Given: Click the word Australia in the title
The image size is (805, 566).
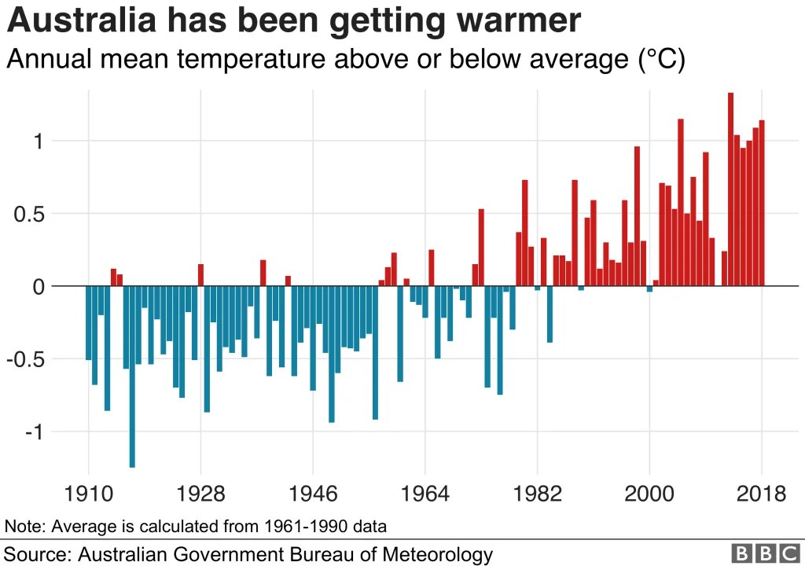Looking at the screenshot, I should (x=79, y=21).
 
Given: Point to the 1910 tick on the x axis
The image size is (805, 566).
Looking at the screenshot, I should (x=88, y=494).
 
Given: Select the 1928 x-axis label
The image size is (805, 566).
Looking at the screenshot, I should (x=200, y=494).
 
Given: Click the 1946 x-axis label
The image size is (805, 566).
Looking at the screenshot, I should (x=313, y=494).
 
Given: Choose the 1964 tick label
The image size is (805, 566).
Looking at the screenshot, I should (x=425, y=494).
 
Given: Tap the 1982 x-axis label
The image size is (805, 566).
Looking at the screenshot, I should (x=538, y=494).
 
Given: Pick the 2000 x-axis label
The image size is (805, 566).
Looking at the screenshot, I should (x=649, y=494).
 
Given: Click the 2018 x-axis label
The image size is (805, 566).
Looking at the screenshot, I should (x=761, y=494).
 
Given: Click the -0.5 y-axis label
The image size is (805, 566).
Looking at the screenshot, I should (x=29, y=359).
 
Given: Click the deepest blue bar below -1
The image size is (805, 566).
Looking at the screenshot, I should (x=132, y=377).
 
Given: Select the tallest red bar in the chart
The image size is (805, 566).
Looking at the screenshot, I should (x=730, y=189).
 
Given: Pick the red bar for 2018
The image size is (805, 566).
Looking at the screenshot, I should (x=762, y=203).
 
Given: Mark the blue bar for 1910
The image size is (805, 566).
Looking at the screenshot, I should (x=89, y=322).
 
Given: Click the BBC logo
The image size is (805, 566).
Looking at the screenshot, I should (x=765, y=553).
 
